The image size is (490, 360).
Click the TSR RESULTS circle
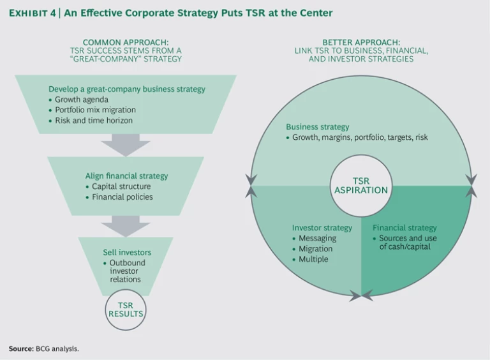click(x=126, y=310)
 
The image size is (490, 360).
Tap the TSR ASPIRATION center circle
click(x=361, y=186)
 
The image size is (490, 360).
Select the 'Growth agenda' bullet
click(x=82, y=100)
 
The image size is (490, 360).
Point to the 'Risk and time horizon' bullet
click(x=93, y=120)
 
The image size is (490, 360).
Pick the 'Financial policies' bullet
click(x=122, y=197)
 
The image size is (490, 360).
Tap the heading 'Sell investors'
click(x=127, y=252)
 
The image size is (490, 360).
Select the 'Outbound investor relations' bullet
click(x=127, y=272)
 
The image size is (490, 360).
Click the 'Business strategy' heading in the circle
click(x=317, y=126)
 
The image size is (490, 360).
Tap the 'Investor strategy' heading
click(x=322, y=228)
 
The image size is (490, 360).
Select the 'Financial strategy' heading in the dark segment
click(x=405, y=228)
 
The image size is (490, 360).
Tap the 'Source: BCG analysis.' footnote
click(x=44, y=349)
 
